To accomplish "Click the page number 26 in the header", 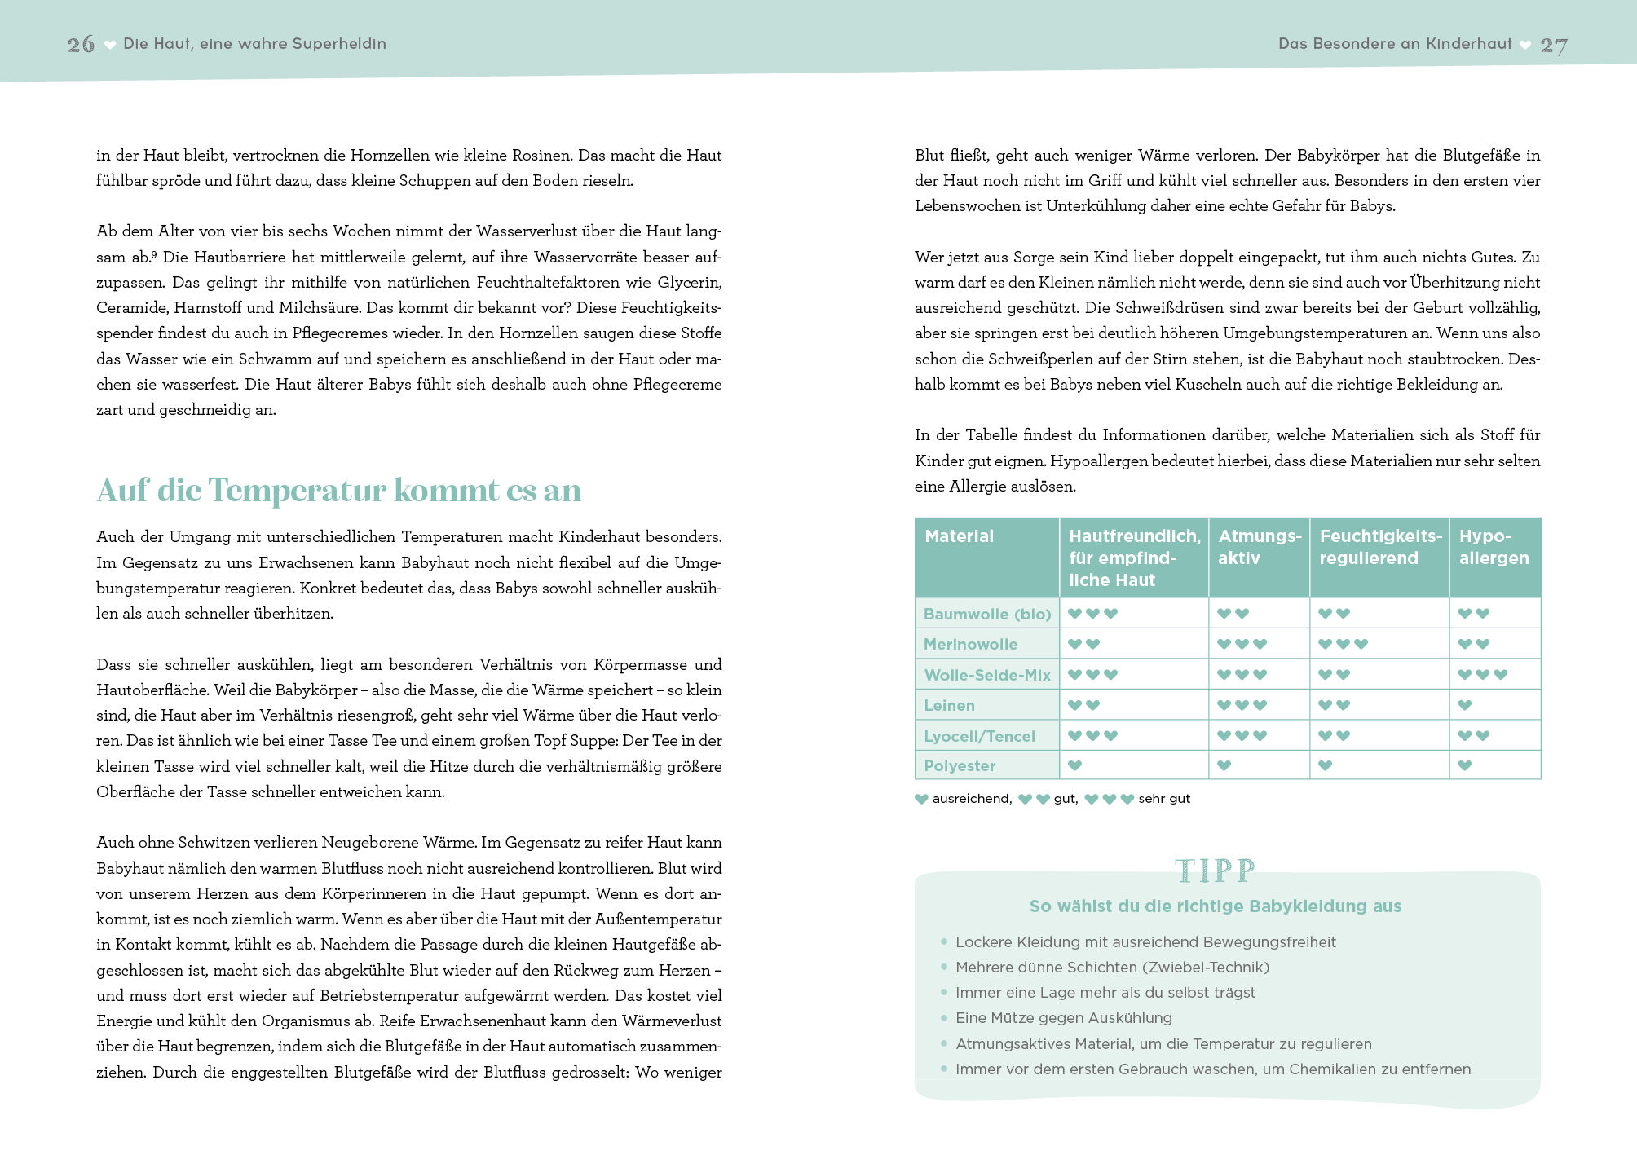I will [81, 44].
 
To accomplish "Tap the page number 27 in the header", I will [1553, 46].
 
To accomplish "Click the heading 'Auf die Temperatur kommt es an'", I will [339, 490].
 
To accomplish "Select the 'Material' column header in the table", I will [960, 536].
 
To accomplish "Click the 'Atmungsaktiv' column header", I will [1259, 547].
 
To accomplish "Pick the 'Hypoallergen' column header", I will [1494, 547].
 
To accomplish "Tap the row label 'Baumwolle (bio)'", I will [987, 614].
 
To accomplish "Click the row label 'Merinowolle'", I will [970, 644].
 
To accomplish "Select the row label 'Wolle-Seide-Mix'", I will [987, 675].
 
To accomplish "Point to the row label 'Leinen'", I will [949, 705].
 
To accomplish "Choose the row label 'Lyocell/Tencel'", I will [979, 736].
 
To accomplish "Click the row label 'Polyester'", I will [960, 765].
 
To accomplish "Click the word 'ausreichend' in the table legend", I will [971, 799].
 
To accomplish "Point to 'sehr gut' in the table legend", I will [1164, 799].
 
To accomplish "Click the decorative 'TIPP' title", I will [1215, 871].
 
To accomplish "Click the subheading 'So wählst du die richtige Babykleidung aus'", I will [1215, 906].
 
